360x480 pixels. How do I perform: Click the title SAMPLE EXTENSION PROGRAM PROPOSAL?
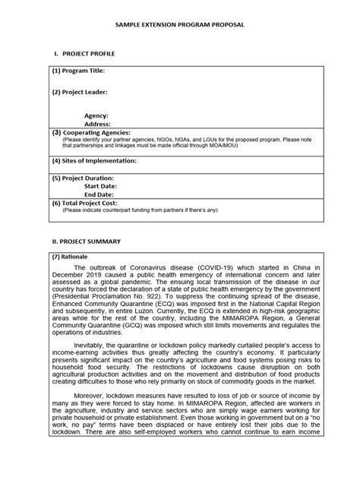[x=180, y=25]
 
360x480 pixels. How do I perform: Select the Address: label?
[x=97, y=123]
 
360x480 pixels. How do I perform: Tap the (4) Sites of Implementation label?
[x=92, y=161]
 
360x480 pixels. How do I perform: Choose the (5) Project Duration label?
[x=84, y=178]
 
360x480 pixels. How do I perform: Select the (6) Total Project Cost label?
[x=85, y=203]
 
